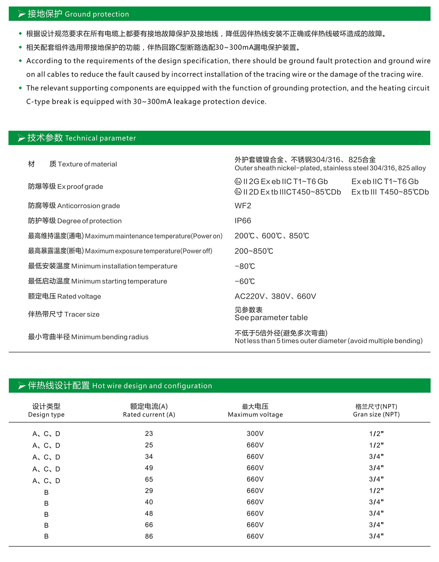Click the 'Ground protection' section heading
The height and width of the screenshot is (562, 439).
pyautogui.click(x=78, y=14)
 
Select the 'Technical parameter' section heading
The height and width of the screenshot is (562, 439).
pyautogui.click(x=81, y=138)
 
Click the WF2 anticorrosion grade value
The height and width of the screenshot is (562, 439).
pyautogui.click(x=243, y=206)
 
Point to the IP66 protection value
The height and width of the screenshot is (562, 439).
pyautogui.click(x=243, y=221)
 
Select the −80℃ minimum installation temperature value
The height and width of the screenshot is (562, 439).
pyautogui.click(x=245, y=266)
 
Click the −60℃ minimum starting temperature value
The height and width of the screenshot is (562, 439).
pyautogui.click(x=245, y=281)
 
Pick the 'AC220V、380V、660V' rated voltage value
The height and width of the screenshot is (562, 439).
pyautogui.click(x=275, y=296)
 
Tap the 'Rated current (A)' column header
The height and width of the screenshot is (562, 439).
pyautogui.click(x=149, y=414)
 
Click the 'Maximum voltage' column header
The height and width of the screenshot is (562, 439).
pyautogui.click(x=255, y=414)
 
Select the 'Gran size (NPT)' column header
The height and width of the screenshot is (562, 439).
pyautogui.click(x=376, y=414)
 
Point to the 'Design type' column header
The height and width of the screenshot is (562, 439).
pyautogui.click(x=46, y=414)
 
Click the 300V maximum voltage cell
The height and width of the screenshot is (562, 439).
pyautogui.click(x=255, y=434)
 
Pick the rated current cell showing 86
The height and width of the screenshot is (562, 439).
pyautogui.click(x=149, y=536)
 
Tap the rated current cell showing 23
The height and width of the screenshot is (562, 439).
pyautogui.click(x=149, y=434)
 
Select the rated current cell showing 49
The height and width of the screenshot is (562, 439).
pyautogui.click(x=149, y=468)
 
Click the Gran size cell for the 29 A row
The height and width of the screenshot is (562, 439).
pyautogui.click(x=376, y=491)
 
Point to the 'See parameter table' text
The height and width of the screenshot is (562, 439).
pyautogui.click(x=271, y=318)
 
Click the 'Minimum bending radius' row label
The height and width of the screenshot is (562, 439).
pyautogui.click(x=88, y=337)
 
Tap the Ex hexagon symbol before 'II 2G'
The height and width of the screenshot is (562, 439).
pyautogui.click(x=238, y=181)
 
